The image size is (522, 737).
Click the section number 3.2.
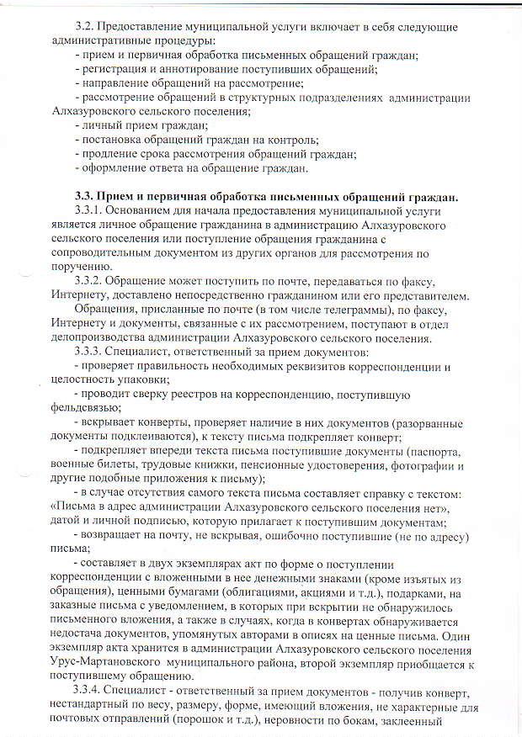point(85,26)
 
